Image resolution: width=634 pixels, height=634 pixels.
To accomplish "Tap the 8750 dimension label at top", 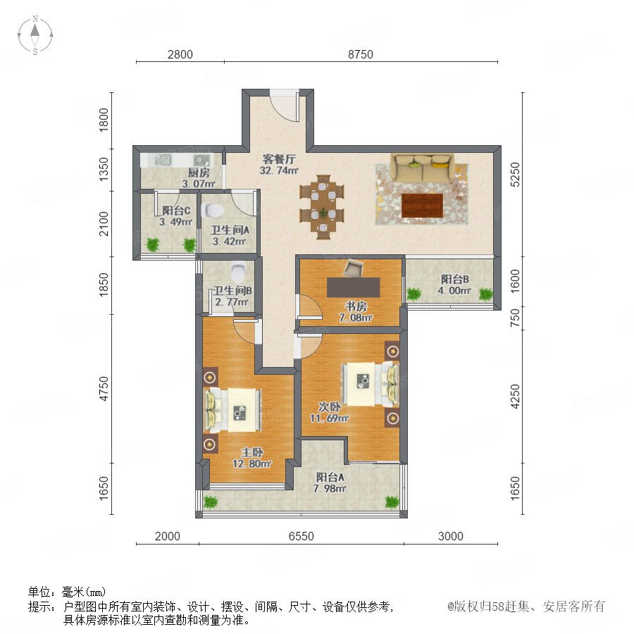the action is pyautogui.click(x=360, y=54).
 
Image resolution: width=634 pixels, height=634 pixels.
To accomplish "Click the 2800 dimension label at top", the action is pyautogui.click(x=180, y=54).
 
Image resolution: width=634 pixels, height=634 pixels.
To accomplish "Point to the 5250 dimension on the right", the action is pyautogui.click(x=515, y=174).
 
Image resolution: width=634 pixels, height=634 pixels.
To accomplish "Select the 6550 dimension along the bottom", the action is pyautogui.click(x=302, y=536).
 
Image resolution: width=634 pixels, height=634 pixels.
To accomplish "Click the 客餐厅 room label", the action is pyautogui.click(x=279, y=159).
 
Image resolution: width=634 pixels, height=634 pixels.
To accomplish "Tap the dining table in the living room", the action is pyautogui.click(x=322, y=207).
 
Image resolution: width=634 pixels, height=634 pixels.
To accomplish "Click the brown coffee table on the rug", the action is pyautogui.click(x=423, y=206).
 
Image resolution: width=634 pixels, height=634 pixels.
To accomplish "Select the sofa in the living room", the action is pyautogui.click(x=423, y=168).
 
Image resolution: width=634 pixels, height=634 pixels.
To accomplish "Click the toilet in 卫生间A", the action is pyautogui.click(x=213, y=210).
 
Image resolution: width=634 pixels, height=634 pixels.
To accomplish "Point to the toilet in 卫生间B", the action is pyautogui.click(x=238, y=272).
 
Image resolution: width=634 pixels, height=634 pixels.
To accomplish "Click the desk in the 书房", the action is pyautogui.click(x=354, y=287).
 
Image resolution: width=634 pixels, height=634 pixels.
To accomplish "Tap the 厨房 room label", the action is pyautogui.click(x=199, y=173).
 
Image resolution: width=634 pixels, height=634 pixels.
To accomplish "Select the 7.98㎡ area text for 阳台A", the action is pyautogui.click(x=330, y=488).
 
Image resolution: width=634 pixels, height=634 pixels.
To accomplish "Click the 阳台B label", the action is pyautogui.click(x=454, y=279).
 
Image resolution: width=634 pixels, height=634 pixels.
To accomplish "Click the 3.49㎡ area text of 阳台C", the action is pyautogui.click(x=175, y=222).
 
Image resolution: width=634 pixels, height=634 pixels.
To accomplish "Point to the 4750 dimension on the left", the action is pyautogui.click(x=104, y=389).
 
